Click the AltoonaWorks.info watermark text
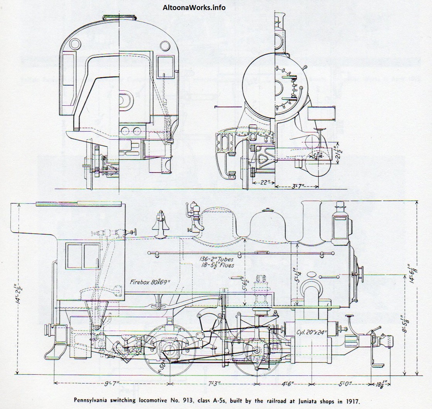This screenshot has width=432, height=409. [x=194, y=7]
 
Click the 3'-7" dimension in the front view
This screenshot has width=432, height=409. [x=297, y=187]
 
